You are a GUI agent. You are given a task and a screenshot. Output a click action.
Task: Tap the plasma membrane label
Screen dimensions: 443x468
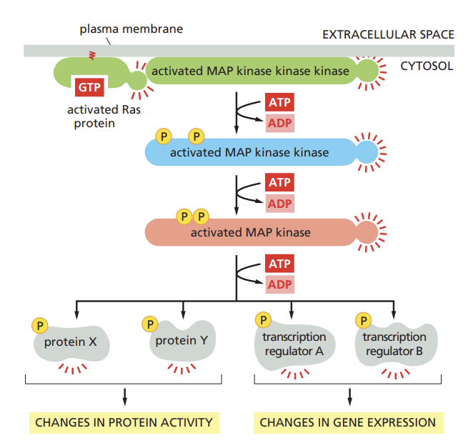(131, 29)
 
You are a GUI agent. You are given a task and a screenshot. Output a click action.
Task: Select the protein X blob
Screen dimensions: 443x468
(71, 342)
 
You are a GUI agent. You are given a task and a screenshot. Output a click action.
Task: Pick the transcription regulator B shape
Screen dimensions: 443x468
(394, 344)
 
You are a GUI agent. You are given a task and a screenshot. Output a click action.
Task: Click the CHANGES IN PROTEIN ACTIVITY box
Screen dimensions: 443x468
(124, 422)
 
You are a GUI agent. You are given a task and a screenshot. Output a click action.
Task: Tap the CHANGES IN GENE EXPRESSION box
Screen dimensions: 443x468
(348, 422)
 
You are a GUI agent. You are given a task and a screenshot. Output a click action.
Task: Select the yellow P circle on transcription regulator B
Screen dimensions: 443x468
(365, 320)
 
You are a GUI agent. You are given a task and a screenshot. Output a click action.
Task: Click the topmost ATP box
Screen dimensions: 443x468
(279, 102)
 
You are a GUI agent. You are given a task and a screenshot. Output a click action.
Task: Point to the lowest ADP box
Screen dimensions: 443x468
(279, 284)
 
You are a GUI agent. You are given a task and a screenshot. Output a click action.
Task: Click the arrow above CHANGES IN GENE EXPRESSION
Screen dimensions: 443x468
(349, 395)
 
